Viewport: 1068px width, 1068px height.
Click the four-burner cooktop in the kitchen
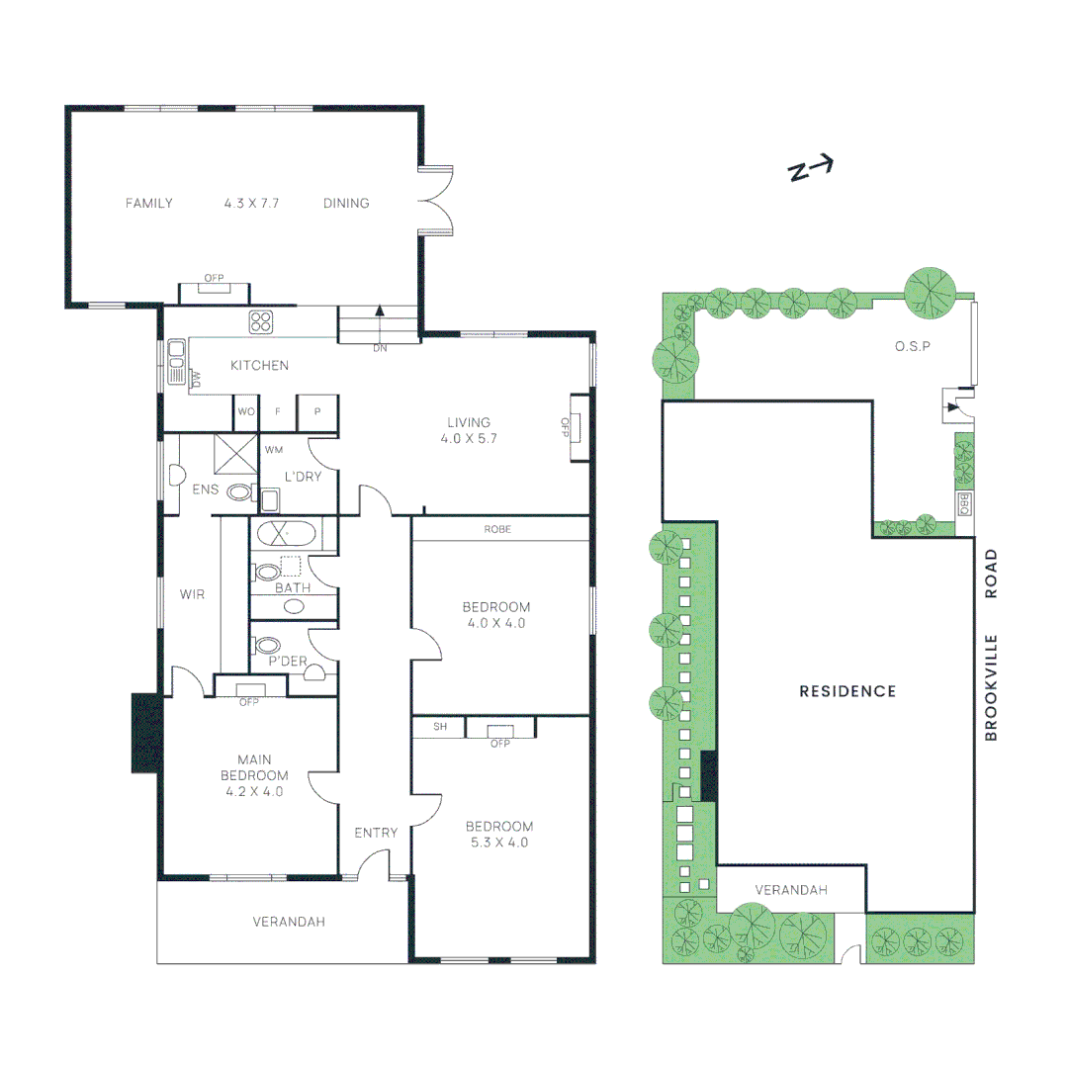pyautogui.click(x=261, y=321)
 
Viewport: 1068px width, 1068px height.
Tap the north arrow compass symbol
pyautogui.click(x=811, y=169)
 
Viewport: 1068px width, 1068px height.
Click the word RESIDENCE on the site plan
pyautogui.click(x=847, y=691)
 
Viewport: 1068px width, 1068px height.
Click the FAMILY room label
pyautogui.click(x=149, y=204)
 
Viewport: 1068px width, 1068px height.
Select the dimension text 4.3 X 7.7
pyautogui.click(x=252, y=204)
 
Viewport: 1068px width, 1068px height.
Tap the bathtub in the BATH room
pyautogui.click(x=286, y=536)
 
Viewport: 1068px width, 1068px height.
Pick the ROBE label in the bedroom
pyautogui.click(x=497, y=530)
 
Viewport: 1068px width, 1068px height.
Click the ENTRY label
pyautogui.click(x=376, y=833)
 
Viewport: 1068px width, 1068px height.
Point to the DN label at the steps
pyautogui.click(x=380, y=348)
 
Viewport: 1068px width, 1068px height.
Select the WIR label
pyautogui.click(x=191, y=595)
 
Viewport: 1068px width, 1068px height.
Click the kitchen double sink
pyautogui.click(x=177, y=361)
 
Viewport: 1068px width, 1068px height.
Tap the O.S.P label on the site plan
pyautogui.click(x=915, y=346)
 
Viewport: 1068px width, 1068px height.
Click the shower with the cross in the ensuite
pyautogui.click(x=235, y=454)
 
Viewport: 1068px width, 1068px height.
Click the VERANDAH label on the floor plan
pyautogui.click(x=289, y=922)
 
